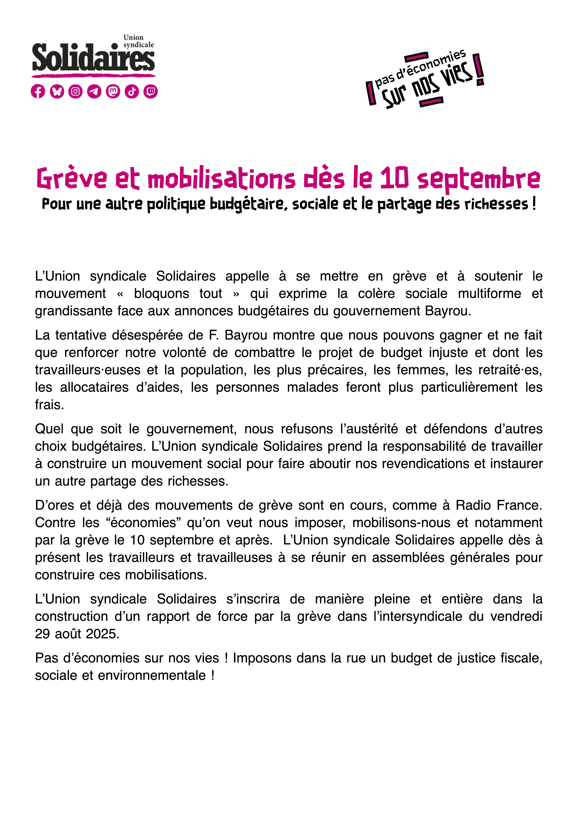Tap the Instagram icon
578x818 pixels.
pos(76,92)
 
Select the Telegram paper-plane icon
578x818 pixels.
pos(94,92)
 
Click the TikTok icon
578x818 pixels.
pos(132,92)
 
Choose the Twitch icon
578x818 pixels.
pos(151,92)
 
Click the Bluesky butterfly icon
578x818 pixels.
pos(57,92)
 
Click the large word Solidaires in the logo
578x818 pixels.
pos(93,58)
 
